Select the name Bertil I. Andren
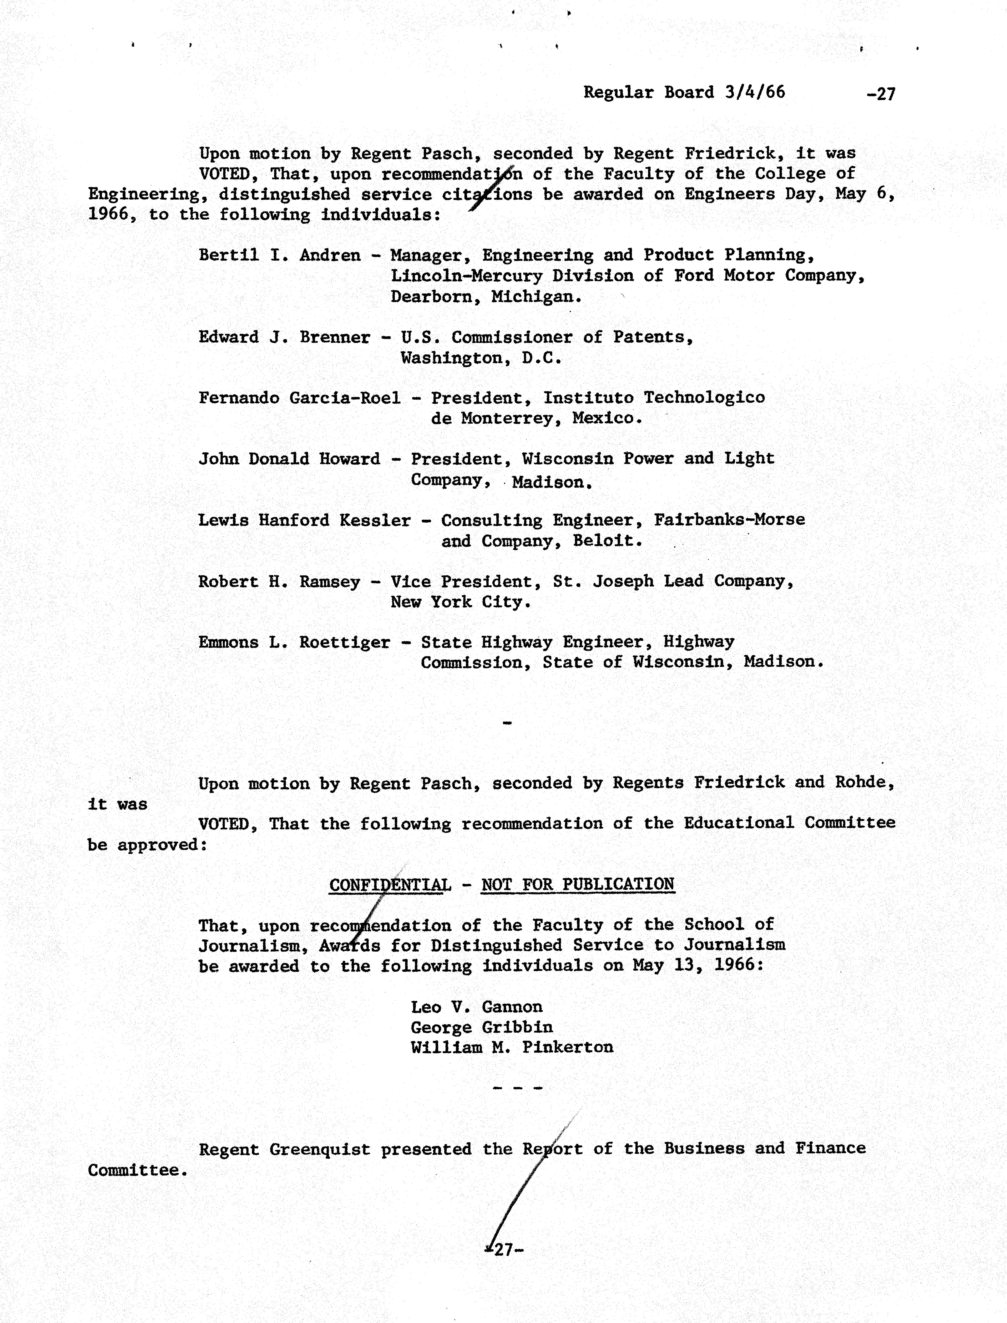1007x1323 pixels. point(279,255)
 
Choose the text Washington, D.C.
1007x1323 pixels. point(481,358)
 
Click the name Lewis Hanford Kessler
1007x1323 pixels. point(305,520)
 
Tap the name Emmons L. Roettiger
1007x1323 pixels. point(294,643)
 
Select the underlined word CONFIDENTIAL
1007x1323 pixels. point(390,885)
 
